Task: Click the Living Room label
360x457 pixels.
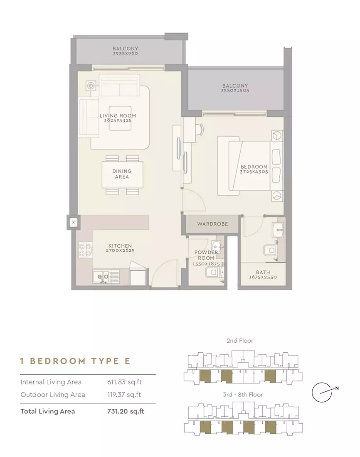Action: (x=118, y=116)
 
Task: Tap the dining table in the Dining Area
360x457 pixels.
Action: (x=122, y=174)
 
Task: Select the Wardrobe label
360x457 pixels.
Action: (x=212, y=224)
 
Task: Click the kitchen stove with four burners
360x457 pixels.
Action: (x=86, y=250)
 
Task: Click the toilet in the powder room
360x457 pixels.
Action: (x=214, y=273)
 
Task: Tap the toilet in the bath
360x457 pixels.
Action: (x=270, y=250)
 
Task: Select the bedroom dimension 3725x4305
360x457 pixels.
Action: (x=254, y=172)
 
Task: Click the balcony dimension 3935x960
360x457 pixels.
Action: (x=126, y=54)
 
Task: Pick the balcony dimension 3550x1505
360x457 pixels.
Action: (x=235, y=91)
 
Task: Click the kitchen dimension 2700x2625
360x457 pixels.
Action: (x=120, y=251)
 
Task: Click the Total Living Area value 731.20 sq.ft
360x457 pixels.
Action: (x=126, y=411)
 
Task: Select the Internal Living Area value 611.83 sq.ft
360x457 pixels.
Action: (x=125, y=382)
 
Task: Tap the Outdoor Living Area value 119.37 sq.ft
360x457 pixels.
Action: (x=124, y=395)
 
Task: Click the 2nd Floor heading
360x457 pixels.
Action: (x=240, y=340)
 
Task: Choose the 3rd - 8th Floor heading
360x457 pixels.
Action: (x=243, y=394)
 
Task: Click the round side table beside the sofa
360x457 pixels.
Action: (x=91, y=86)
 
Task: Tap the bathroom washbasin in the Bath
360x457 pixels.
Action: (x=278, y=230)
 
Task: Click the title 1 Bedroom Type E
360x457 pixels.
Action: (x=75, y=361)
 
